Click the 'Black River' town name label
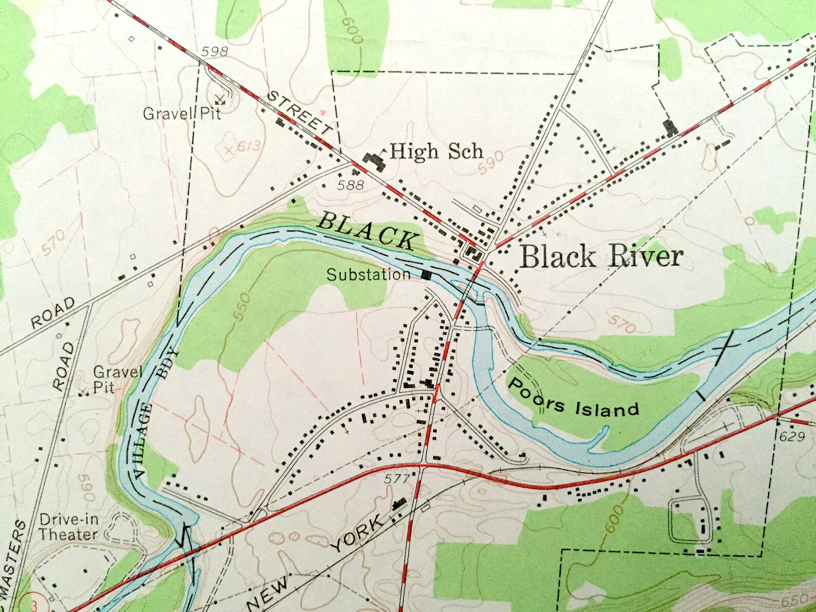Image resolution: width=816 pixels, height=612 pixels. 601,256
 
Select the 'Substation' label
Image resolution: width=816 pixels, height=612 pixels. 368,275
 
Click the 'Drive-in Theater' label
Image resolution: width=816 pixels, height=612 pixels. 68,527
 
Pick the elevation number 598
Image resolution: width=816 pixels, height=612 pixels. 214,51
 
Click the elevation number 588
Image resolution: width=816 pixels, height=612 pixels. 351,184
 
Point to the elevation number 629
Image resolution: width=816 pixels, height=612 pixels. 791,436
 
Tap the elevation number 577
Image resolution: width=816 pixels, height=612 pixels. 397,478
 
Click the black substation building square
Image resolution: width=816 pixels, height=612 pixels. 425,275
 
